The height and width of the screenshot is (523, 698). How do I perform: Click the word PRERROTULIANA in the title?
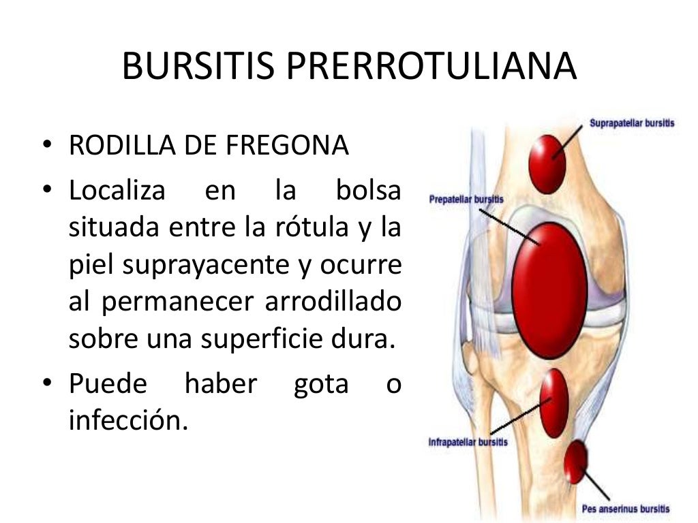click(x=431, y=67)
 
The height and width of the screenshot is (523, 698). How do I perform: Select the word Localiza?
click(x=117, y=191)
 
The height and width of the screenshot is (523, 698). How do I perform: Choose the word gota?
click(x=320, y=384)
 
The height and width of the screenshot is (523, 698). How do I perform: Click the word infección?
click(x=127, y=421)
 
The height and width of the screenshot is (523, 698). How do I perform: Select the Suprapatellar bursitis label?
click(x=632, y=124)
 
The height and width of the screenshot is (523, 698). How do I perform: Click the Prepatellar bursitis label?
click(x=466, y=200)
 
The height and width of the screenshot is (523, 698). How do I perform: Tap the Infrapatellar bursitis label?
click(x=468, y=442)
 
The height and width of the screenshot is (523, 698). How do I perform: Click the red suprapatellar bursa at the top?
click(x=547, y=164)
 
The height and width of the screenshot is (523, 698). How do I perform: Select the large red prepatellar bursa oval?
click(x=549, y=289)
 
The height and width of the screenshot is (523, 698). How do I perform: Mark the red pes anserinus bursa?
click(x=577, y=462)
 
